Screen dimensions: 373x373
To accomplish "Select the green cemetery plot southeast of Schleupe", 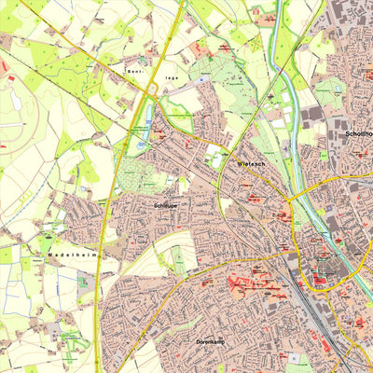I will (x=178, y=260).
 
